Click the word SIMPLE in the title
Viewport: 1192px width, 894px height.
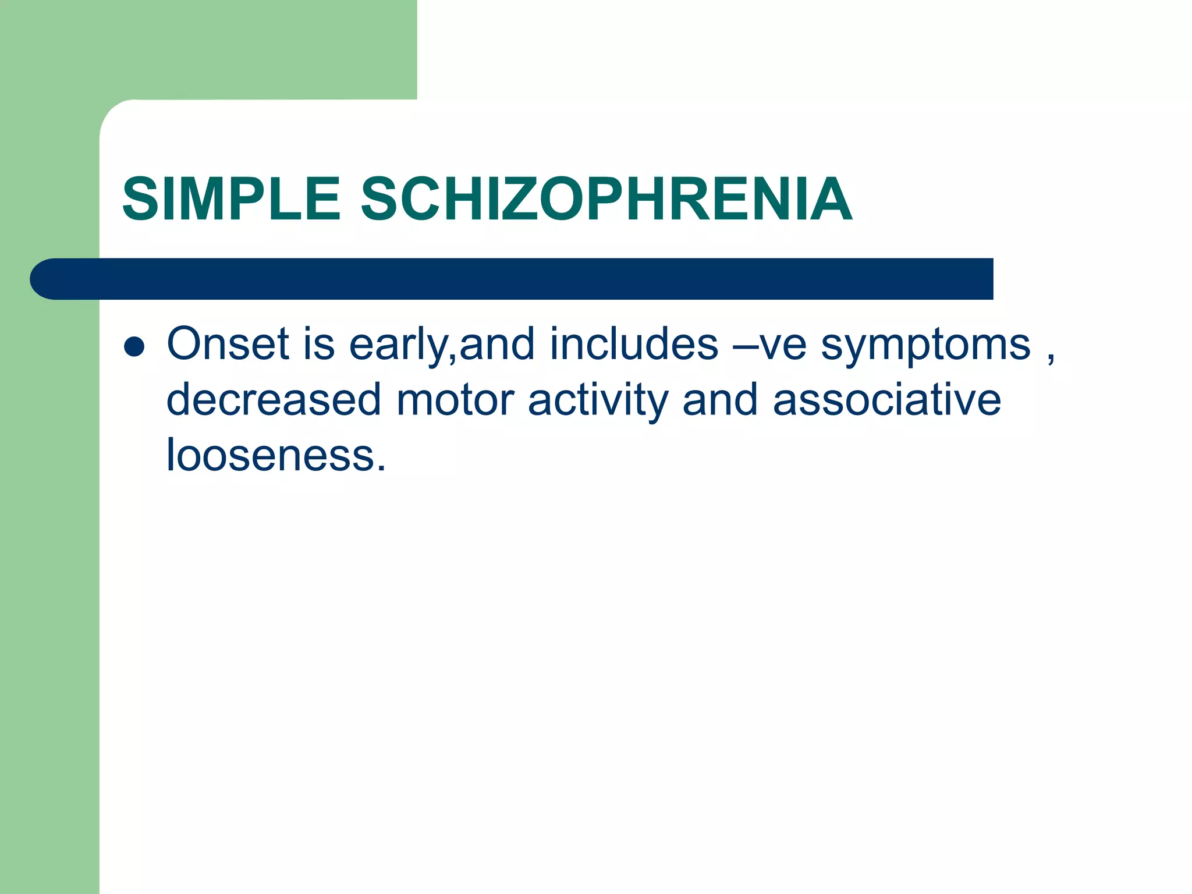coord(231,200)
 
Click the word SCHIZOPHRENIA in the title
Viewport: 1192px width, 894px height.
coord(606,200)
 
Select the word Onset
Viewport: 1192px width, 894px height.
coord(228,344)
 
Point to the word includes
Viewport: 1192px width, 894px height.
coord(634,344)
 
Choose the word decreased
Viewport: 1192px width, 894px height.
coord(274,400)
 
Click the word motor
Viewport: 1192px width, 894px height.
coord(455,400)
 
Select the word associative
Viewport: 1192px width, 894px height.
coord(887,400)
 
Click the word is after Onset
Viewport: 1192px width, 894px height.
coord(319,344)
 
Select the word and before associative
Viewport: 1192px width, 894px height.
coord(720,400)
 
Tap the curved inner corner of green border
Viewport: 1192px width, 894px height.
coord(113,113)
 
